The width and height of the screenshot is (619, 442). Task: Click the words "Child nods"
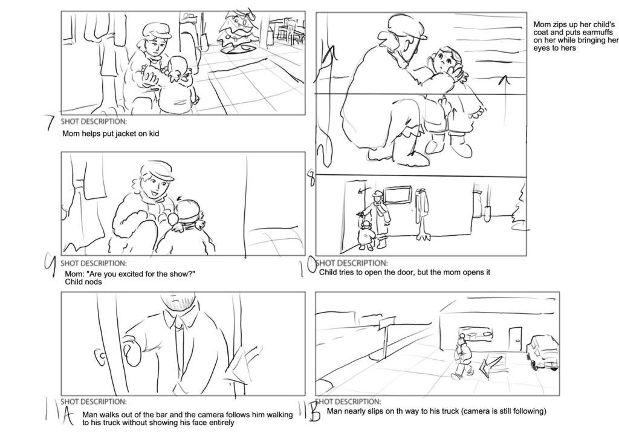83,282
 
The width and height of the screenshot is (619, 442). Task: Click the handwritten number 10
307,265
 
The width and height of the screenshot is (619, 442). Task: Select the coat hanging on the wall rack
423,213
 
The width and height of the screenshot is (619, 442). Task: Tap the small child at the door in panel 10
366,235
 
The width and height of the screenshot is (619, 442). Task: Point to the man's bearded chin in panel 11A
179,304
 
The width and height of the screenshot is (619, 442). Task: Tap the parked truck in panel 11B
543,353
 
